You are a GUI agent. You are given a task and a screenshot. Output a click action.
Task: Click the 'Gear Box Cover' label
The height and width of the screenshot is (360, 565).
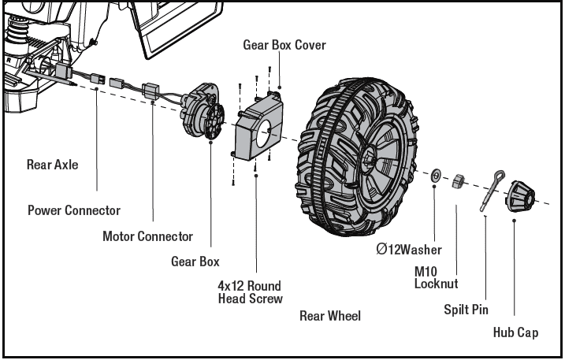click(284, 45)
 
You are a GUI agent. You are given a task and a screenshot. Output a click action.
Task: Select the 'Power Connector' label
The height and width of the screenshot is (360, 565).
click(74, 210)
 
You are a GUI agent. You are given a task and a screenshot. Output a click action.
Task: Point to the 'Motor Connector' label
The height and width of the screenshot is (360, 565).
click(147, 236)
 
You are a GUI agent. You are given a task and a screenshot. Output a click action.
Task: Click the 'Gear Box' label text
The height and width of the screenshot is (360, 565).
click(195, 262)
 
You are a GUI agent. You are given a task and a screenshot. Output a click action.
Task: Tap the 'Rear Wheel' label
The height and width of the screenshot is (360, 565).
click(330, 316)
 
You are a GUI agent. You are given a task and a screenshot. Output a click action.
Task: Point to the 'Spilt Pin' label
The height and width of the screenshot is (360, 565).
click(466, 310)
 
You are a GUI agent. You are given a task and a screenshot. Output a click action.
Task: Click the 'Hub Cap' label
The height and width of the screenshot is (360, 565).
click(516, 332)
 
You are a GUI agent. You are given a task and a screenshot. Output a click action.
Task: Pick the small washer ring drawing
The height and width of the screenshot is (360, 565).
click(434, 173)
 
